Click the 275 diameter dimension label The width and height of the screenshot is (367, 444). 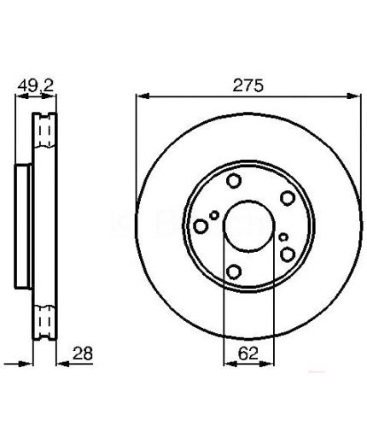tap(248, 85)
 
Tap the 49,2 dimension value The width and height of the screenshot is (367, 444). tap(36, 85)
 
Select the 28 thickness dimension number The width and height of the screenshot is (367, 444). tap(83, 353)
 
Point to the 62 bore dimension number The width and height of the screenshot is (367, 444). tap(248, 353)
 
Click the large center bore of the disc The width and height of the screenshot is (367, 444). tap(249, 226)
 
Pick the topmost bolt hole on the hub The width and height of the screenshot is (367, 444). tap(234, 180)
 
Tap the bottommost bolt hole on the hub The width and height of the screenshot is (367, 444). tap(235, 272)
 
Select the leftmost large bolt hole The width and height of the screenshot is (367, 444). tap(201, 226)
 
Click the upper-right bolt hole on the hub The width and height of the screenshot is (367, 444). tap(288, 198)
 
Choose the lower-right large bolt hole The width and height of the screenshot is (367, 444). tap(288, 254)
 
